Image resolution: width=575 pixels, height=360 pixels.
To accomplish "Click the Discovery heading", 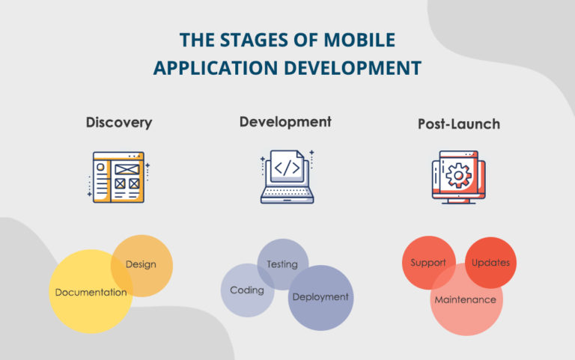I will click(x=118, y=122).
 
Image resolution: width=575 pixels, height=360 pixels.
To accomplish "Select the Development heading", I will click(x=285, y=121).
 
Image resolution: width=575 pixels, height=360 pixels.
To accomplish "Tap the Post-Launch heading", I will click(x=459, y=123).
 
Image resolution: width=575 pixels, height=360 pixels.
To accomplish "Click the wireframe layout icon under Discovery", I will click(x=118, y=177).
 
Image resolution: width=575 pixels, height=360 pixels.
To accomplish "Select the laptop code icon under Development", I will click(x=287, y=177).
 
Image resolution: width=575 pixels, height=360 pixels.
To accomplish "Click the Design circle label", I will click(x=141, y=264).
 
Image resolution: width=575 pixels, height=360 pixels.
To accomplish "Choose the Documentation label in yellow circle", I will click(x=91, y=293).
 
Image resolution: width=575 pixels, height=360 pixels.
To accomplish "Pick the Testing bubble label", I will click(x=282, y=264).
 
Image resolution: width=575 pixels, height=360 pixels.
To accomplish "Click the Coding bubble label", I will click(x=246, y=290).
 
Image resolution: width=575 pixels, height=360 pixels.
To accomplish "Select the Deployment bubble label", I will click(x=320, y=297).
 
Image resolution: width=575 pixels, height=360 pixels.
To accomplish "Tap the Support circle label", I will click(x=428, y=263).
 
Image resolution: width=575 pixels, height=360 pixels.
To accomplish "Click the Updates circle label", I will click(x=491, y=263).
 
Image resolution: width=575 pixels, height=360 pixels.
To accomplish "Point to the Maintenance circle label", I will click(x=466, y=300).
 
